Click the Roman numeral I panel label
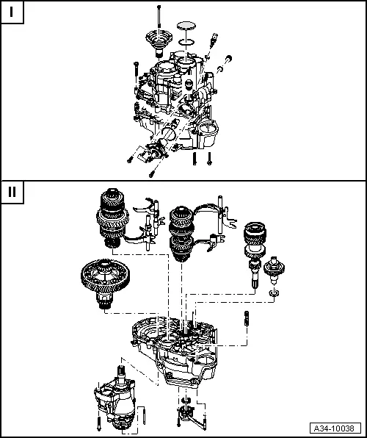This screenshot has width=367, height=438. [12, 12]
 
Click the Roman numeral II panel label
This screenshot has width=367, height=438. [12, 193]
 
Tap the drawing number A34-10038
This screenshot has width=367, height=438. [335, 428]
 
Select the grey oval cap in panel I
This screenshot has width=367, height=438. [186, 26]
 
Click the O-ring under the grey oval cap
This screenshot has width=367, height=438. [186, 42]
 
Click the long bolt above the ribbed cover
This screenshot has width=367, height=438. [159, 16]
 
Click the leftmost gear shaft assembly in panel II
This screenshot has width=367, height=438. [112, 218]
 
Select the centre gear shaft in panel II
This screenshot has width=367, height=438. [182, 234]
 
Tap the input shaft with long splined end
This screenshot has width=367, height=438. [255, 254]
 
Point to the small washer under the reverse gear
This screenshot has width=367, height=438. [274, 293]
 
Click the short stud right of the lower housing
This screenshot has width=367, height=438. [247, 318]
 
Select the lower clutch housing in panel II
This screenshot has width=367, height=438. [174, 351]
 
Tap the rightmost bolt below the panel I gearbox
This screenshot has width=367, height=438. [209, 159]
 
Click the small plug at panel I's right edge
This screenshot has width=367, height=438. [229, 60]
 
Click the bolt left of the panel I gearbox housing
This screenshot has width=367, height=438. [136, 69]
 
